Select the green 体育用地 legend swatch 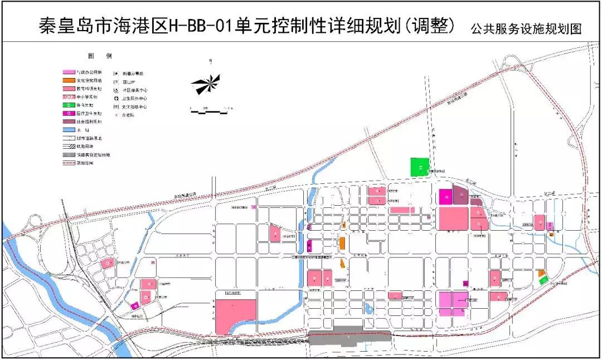click(x=69, y=105)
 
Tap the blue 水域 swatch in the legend click(x=69, y=129)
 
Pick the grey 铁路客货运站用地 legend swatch click(x=69, y=154)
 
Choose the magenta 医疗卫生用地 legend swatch click(x=69, y=113)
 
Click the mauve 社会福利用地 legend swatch click(x=69, y=121)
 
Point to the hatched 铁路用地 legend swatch click(x=69, y=146)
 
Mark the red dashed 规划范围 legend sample click(x=69, y=163)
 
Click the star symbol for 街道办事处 click(x=116, y=73)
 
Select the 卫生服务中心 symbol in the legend click(x=116, y=98)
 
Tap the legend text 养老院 click(x=128, y=115)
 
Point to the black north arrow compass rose click(x=206, y=84)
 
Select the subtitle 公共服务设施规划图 click(x=526, y=28)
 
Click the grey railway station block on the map click(x=349, y=337)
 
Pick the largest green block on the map click(x=420, y=167)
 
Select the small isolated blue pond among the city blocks click(x=368, y=307)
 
